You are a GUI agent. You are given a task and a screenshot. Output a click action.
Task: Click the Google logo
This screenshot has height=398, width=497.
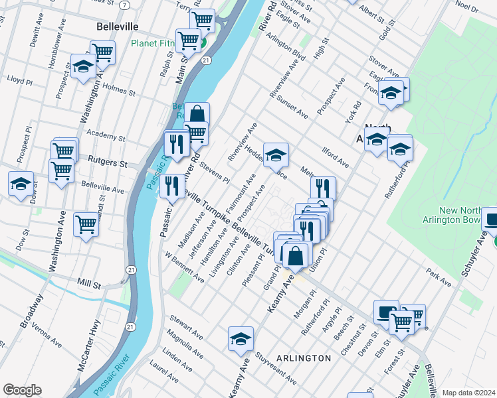click(x=22, y=390)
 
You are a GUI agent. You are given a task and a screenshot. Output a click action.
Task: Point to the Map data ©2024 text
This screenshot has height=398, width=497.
click(x=468, y=393)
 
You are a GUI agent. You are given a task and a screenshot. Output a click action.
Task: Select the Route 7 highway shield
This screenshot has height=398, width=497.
click(x=125, y=5)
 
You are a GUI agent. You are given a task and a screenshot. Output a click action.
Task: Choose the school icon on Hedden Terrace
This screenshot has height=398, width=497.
click(x=276, y=155)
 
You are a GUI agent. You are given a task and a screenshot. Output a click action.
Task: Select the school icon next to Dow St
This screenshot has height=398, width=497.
click(x=21, y=183)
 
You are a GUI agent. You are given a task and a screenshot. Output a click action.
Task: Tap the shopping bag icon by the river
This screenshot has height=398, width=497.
click(x=197, y=114)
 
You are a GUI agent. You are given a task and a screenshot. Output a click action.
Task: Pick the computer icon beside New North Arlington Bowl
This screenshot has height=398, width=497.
click(x=490, y=220)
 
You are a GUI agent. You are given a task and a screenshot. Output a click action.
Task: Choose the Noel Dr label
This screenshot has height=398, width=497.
click(x=467, y=7)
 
